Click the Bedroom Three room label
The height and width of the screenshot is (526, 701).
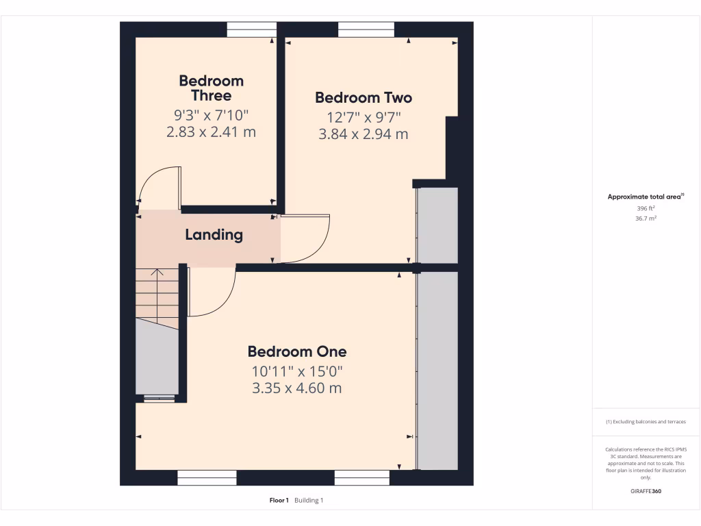pos(211,88)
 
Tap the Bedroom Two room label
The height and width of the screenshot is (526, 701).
pos(364,98)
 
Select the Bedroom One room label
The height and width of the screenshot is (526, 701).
pos(297,352)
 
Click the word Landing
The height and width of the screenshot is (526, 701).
pos(214,235)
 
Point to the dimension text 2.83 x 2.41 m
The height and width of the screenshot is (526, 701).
pos(211,132)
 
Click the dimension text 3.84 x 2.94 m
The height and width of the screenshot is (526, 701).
pos(364,134)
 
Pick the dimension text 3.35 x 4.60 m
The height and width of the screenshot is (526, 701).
pos(297,388)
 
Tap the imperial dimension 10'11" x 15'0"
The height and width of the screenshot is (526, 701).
pos(297,371)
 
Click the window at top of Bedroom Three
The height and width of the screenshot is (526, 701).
pos(251,29)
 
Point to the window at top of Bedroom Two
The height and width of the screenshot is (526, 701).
pos(366,29)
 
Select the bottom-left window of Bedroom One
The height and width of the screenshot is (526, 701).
pos(207,477)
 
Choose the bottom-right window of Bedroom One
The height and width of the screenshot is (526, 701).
pos(361,477)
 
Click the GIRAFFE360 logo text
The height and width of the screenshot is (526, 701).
pos(646,491)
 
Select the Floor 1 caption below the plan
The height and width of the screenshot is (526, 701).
pos(279,501)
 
